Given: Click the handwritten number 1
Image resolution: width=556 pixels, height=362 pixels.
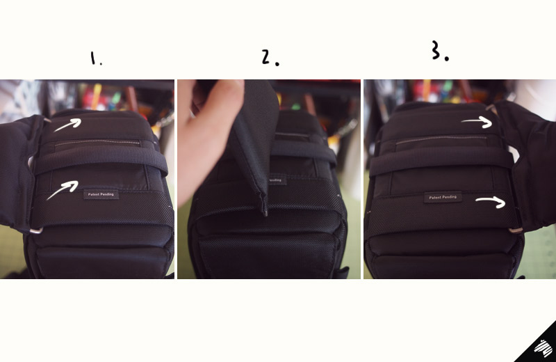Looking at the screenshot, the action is click(x=93, y=58).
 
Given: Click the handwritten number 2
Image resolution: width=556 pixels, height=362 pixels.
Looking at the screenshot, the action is click(x=266, y=57).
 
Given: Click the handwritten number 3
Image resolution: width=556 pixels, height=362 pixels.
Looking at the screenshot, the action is click(x=436, y=49).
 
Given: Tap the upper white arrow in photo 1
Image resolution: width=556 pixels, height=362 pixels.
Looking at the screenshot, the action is click(x=67, y=125).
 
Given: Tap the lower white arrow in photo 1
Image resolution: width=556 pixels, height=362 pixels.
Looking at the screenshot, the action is click(x=63, y=189).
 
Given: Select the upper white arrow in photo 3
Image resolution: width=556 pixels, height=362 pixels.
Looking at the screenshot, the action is click(x=477, y=122).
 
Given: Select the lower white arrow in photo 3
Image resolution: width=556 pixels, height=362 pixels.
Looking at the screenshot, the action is click(x=491, y=202).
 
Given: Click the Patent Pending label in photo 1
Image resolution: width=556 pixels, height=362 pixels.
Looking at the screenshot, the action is click(x=101, y=194).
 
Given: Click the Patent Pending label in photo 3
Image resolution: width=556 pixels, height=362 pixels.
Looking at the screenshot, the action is click(x=443, y=197).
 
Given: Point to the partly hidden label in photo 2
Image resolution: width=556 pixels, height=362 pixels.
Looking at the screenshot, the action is click(x=277, y=180).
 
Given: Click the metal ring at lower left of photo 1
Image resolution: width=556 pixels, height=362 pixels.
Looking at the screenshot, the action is click(x=36, y=231).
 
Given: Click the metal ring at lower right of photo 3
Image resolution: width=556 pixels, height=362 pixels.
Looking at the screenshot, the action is click(x=516, y=230).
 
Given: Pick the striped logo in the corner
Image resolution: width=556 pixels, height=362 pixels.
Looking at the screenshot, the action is click(x=543, y=348).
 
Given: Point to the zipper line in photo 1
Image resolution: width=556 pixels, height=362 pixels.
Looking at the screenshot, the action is click(x=97, y=142).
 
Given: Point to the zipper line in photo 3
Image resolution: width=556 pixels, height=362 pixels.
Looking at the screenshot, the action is click(x=441, y=139).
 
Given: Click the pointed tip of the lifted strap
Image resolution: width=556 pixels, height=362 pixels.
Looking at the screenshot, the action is click(x=265, y=214).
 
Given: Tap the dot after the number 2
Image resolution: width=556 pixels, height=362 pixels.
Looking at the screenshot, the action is click(x=277, y=64).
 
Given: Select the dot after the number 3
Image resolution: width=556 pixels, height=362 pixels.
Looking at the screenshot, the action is click(x=446, y=58).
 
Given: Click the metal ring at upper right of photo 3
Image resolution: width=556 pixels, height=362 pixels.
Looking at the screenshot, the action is click(x=491, y=108).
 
